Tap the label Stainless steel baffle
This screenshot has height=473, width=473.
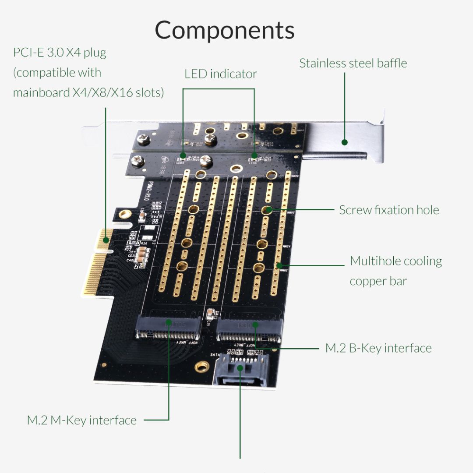(x=353, y=63)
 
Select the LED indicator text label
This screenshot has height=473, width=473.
(x=220, y=74)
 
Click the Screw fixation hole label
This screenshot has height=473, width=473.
(x=389, y=210)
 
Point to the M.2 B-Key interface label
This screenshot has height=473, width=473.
(x=378, y=348)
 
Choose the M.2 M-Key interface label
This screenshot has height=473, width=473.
(x=82, y=420)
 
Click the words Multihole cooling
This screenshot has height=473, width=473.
(x=396, y=261)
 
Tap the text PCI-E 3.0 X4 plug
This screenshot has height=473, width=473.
(x=60, y=53)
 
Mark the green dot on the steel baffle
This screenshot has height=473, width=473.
(x=345, y=142)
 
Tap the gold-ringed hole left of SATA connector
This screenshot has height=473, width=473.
(x=202, y=366)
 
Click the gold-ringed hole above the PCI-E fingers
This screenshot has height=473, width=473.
(x=125, y=214)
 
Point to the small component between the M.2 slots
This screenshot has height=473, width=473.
(x=209, y=314)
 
